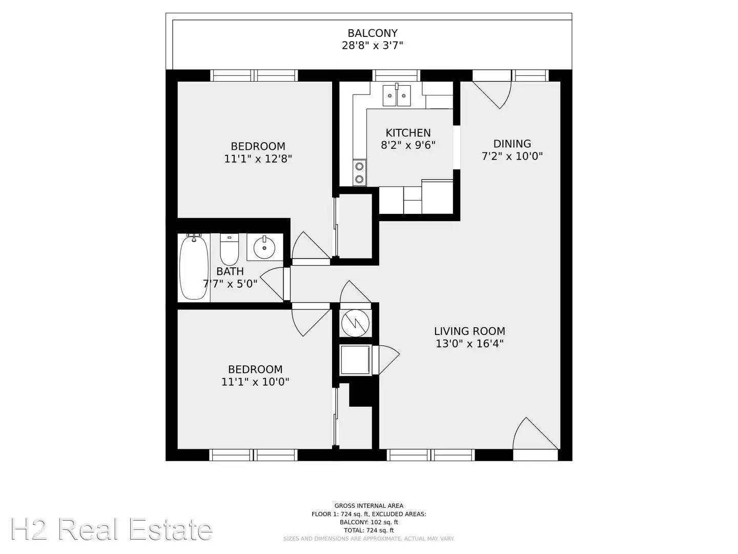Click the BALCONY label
click(373, 33)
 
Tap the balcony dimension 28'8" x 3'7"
click(373, 46)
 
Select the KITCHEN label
click(408, 133)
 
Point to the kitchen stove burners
click(360, 172)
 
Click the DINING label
click(512, 144)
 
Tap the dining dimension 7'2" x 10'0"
click(512, 156)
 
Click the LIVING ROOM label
click(469, 331)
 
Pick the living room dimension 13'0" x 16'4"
click(469, 344)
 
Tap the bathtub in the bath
click(194, 267)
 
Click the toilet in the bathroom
click(229, 249)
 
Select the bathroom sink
click(264, 247)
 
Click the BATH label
click(230, 271)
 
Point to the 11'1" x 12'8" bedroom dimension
click(258, 159)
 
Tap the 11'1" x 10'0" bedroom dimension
click(255, 382)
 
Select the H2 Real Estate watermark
click(111, 530)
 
